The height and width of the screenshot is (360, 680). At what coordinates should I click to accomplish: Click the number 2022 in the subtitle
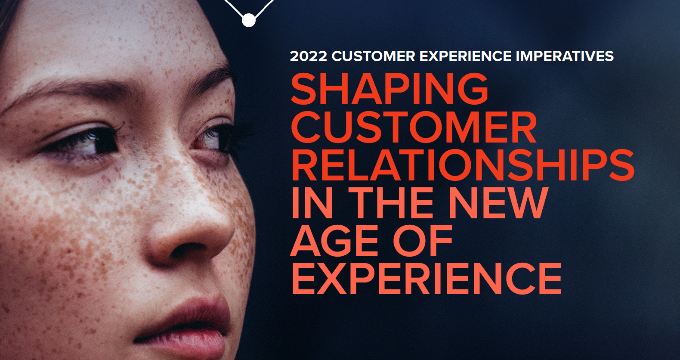click(x=309, y=56)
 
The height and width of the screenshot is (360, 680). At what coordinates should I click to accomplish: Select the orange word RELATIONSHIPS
click(x=463, y=165)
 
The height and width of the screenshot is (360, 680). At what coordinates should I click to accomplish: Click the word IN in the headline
click(x=312, y=203)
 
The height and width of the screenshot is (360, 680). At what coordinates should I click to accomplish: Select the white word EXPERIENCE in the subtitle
click(x=465, y=56)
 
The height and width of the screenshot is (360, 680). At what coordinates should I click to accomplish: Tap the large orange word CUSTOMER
click(x=414, y=127)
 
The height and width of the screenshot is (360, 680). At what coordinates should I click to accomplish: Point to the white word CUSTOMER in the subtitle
click(x=373, y=56)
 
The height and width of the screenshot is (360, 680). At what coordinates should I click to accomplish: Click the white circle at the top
click(x=249, y=20)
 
